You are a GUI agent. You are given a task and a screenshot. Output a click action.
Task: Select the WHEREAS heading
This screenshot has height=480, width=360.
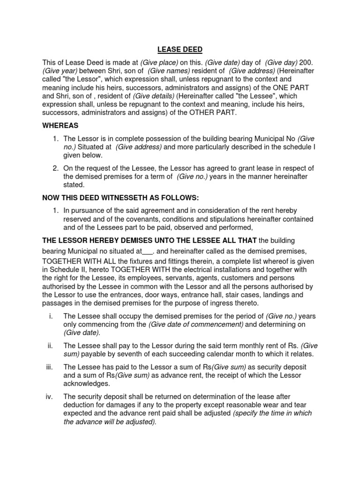click(x=60, y=126)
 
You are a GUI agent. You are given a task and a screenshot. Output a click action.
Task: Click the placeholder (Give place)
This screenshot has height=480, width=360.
click(x=160, y=62)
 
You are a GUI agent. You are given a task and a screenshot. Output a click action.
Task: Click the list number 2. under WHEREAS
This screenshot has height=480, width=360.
click(x=55, y=168)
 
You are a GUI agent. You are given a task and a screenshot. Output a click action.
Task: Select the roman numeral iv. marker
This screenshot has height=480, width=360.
click(x=49, y=397)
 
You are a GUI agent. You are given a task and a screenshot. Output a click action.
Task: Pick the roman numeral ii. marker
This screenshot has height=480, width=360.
click(x=50, y=345)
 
